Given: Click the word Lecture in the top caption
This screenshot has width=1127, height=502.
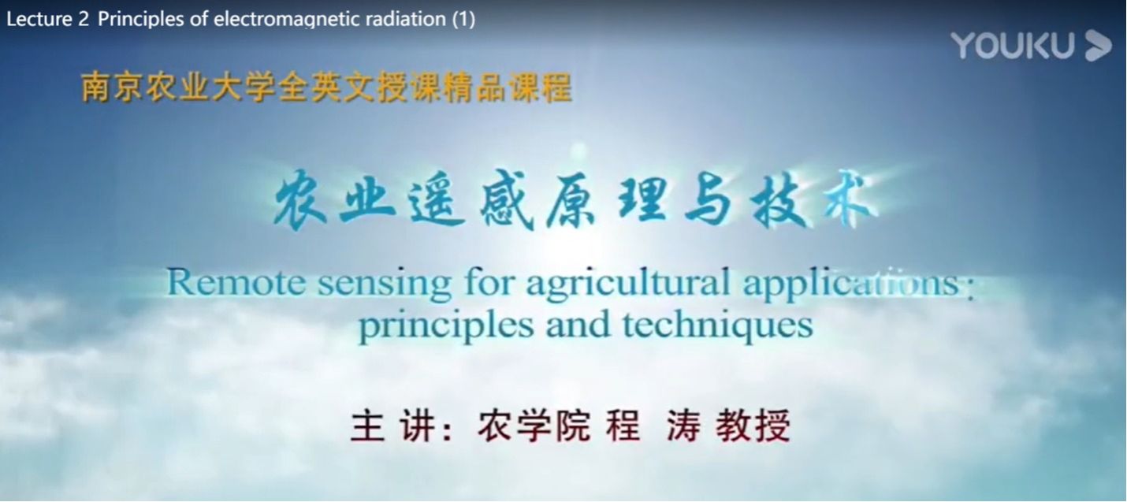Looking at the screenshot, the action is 39,19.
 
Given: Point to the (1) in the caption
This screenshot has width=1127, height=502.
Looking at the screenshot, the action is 463,19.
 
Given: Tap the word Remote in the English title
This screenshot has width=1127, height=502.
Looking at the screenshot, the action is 236,283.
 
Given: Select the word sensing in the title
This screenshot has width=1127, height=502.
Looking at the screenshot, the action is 385,286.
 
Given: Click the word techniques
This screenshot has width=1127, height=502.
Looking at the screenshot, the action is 718,326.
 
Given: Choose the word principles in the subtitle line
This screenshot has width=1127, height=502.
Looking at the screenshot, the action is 446,327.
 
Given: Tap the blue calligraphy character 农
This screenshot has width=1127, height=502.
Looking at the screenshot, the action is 299,200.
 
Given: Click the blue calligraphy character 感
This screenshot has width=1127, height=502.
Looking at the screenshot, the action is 507,200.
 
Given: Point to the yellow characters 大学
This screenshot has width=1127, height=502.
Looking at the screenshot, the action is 244,87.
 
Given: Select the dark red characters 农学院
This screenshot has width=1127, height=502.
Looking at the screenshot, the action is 534,426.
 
